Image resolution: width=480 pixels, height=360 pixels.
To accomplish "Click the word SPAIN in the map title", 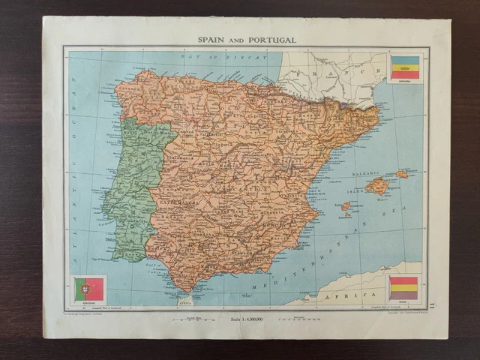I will [x=211, y=39].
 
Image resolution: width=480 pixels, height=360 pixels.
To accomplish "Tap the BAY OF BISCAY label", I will [x=223, y=57].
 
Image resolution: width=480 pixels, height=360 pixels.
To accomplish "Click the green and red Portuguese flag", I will [x=89, y=289].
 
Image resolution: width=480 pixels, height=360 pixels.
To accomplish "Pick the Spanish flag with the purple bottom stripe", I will [x=403, y=288].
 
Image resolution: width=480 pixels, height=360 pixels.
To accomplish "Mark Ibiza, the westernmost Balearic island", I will [x=346, y=205].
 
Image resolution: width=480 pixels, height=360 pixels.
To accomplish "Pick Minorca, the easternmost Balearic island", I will [x=402, y=174].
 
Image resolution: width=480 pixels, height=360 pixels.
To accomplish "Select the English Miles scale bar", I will [x=190, y=320].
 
